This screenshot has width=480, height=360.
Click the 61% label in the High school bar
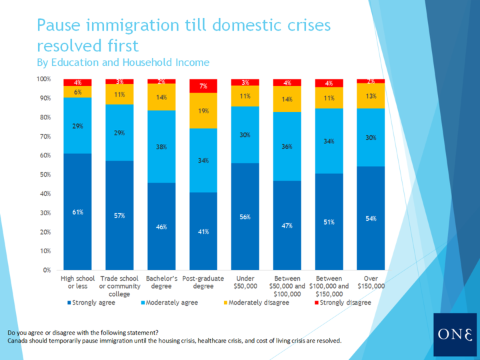pos(77,213)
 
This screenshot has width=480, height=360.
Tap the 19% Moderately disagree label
pos(203,111)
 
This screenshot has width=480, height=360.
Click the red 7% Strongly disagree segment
pos(203,86)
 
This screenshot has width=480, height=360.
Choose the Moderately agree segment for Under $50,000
pos(245,135)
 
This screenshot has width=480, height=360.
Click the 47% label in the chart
pos(287,226)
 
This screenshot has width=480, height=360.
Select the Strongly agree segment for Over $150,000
pos(371,218)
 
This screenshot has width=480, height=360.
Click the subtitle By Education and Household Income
pos(123,63)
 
